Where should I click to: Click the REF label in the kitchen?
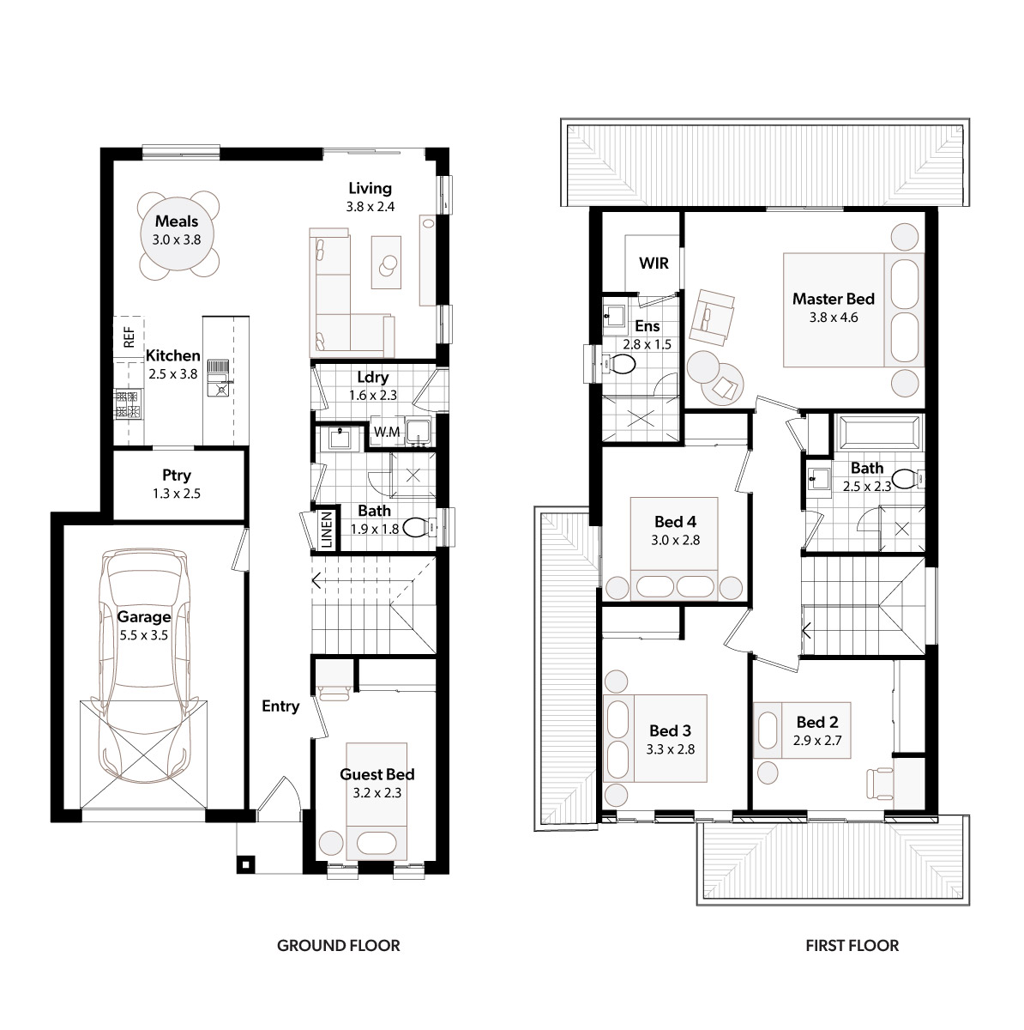point(129,336)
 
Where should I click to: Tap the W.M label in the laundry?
point(387,432)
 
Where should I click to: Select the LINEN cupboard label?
point(327,529)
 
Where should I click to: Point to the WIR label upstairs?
point(654,263)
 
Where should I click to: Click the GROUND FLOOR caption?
point(338,946)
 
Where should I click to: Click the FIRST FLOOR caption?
point(852,946)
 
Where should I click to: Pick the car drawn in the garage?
point(145,665)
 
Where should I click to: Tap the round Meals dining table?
point(178,234)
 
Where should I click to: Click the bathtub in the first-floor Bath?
point(880,433)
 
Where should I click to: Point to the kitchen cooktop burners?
point(128,404)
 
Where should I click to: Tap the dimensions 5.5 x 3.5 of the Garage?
point(144,635)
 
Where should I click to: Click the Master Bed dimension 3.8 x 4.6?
point(834,318)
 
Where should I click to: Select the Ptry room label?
point(177,476)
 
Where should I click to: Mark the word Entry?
point(280,706)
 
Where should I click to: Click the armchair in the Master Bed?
point(712,317)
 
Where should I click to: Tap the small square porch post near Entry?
point(246,865)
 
